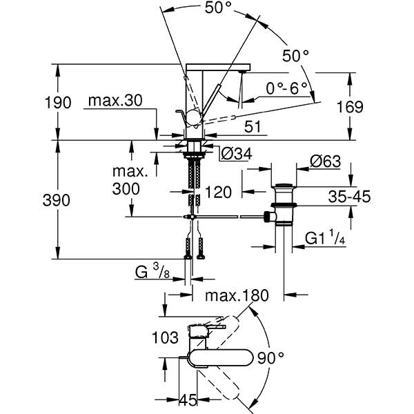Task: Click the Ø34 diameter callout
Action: [235, 153]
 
